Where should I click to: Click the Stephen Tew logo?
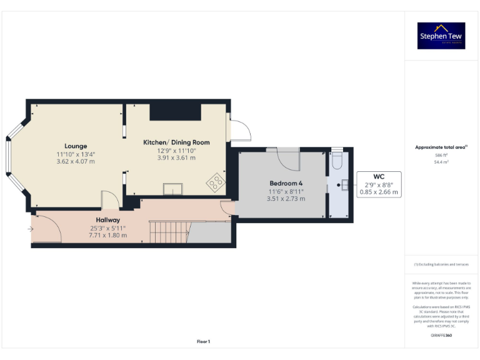(441, 36)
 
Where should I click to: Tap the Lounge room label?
(76, 146)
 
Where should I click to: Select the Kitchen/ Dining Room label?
(176, 142)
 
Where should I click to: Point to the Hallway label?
(107, 220)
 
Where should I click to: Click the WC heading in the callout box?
(378, 176)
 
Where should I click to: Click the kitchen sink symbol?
(172, 188)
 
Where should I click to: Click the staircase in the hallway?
(168, 233)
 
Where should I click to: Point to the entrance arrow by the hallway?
(30, 229)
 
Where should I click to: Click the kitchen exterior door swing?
(240, 131)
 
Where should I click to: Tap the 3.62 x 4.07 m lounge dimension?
(76, 161)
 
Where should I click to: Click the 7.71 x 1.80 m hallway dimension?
(107, 235)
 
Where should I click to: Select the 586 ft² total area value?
(441, 155)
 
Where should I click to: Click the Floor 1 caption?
(203, 341)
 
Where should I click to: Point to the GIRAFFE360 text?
(441, 336)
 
